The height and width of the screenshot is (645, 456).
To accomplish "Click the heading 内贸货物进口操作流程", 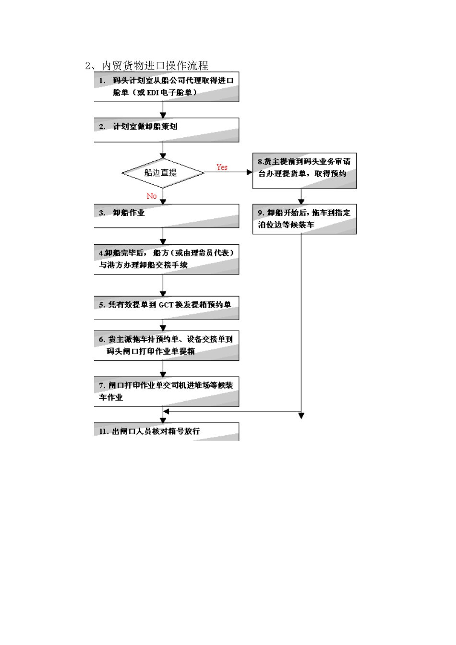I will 146,65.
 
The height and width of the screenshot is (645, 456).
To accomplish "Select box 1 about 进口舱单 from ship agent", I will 167,87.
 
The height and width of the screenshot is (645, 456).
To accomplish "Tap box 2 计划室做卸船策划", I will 167,130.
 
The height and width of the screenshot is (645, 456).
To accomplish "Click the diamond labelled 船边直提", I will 162,173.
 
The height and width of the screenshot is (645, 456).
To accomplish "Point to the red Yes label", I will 222,167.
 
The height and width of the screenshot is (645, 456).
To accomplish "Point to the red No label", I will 152,196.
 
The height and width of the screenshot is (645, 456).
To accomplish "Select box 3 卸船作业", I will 167,215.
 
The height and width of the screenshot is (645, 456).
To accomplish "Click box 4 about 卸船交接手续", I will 167,260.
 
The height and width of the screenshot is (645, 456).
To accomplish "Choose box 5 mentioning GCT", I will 167,308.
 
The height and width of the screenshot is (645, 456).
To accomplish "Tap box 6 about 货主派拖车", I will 167,346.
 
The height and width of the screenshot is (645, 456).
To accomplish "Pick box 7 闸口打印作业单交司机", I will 167,392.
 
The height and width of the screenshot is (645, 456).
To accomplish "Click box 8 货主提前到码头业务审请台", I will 304,170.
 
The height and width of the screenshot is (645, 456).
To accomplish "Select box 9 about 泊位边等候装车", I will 304,219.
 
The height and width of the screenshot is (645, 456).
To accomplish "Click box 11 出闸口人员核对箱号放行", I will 167,431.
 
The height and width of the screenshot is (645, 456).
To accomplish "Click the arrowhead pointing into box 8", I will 249,172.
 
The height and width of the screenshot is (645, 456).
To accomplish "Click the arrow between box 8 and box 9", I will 301,197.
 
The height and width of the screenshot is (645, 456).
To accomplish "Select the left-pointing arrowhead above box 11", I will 166,411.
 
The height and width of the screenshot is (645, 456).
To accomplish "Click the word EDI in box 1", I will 153,93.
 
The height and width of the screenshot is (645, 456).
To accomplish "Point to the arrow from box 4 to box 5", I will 163,286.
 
